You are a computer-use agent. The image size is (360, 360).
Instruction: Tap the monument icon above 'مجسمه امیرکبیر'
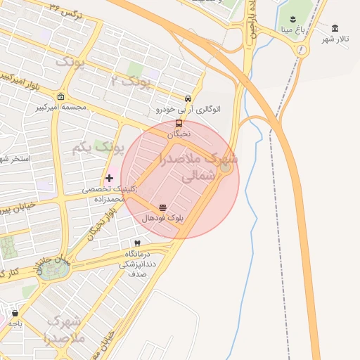(61, 97)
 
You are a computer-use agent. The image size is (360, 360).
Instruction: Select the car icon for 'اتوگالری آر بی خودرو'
(188, 99)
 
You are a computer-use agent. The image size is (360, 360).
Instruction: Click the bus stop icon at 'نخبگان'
(179, 124)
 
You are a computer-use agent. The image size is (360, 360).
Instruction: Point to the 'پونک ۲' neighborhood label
(131, 82)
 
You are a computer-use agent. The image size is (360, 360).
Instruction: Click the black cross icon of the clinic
(109, 179)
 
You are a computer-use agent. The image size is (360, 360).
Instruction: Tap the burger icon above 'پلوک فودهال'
(163, 207)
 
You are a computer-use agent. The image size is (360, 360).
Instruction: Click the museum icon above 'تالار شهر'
(335, 28)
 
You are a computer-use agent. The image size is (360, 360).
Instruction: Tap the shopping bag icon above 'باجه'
(15, 314)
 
